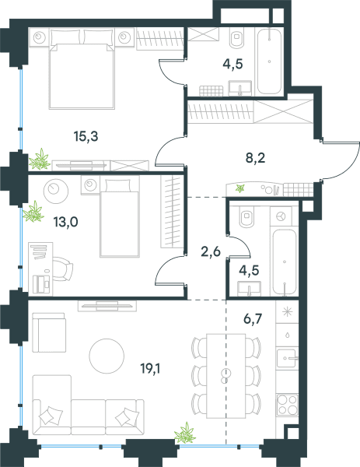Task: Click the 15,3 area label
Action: click(x=86, y=137)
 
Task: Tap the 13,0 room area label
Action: click(x=65, y=222)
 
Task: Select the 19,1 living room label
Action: click(x=151, y=369)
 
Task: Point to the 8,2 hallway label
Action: click(x=255, y=158)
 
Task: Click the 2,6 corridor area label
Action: click(x=211, y=252)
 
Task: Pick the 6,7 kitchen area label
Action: click(x=253, y=319)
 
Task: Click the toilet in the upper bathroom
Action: click(x=237, y=37)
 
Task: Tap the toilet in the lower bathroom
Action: click(x=247, y=216)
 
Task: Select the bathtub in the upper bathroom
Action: click(x=269, y=61)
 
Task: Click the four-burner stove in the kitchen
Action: click(x=287, y=405)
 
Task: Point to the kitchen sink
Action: click(x=286, y=358)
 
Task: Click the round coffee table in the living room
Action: click(x=107, y=356)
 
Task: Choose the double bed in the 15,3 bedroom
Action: click(x=82, y=68)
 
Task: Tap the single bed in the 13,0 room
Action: click(x=120, y=217)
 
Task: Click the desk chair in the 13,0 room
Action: click(x=63, y=269)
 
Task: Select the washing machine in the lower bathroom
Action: click(x=281, y=216)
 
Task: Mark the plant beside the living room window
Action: click(x=185, y=433)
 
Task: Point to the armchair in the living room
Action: click(x=49, y=332)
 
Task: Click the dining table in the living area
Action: click(x=226, y=376)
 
